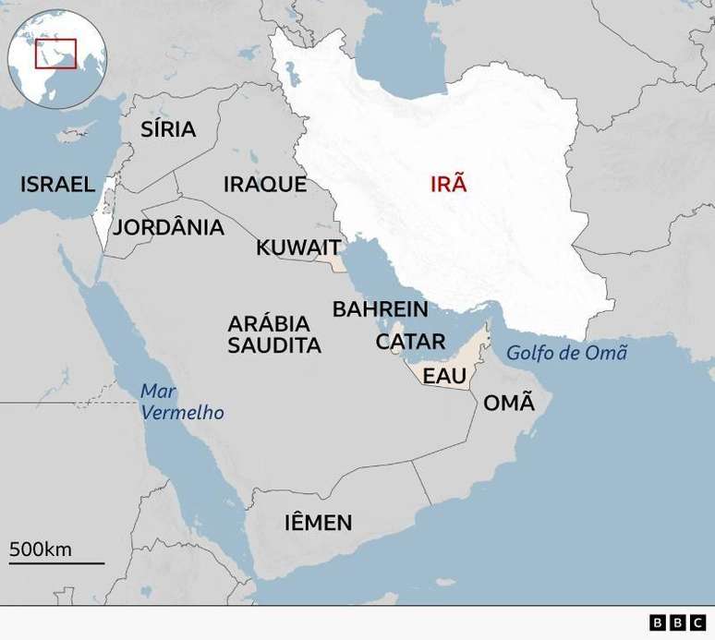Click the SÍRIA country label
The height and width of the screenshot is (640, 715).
click(168, 129)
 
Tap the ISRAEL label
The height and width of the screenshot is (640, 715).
click(57, 185)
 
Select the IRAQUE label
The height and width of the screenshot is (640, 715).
click(264, 184)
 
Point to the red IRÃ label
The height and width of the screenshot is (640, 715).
click(449, 183)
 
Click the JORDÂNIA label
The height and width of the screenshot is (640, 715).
click(168, 227)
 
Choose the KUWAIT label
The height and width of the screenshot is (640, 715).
click(298, 248)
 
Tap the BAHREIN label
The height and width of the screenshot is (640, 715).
click(380, 309)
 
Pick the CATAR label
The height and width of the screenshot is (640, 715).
click(410, 342)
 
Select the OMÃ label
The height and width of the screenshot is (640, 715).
click(509, 403)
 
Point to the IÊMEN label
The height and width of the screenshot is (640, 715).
click(318, 523)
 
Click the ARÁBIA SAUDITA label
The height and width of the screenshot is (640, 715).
click(274, 334)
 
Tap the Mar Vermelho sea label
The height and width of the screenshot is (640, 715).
click(182, 402)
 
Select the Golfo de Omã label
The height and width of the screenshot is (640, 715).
click(566, 352)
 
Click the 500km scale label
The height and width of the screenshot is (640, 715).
click(41, 549)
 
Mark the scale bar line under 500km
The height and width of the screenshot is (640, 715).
click(56, 562)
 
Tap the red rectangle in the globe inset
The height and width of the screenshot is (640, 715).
click(55, 53)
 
